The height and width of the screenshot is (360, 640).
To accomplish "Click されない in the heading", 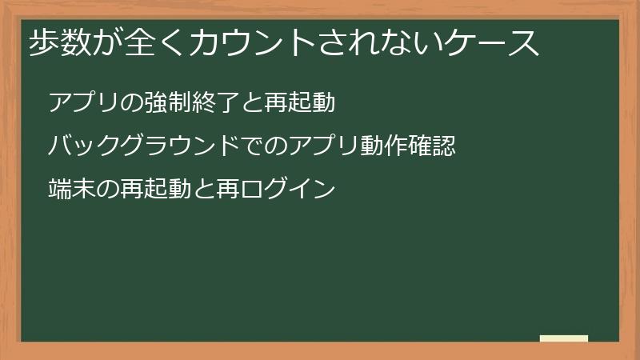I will [375, 45].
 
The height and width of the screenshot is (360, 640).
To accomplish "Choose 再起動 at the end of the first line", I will [298, 103].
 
